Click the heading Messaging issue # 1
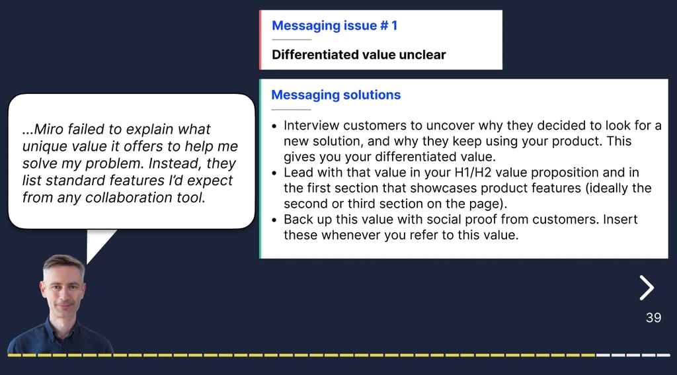click(335, 26)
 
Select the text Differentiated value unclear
click(359, 55)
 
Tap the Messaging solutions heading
click(336, 95)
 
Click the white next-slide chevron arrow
click(647, 288)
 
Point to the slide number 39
click(653, 318)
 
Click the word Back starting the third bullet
click(298, 220)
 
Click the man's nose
click(63, 295)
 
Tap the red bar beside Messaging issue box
click(260, 40)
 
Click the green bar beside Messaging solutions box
click(260, 169)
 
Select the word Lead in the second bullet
click(298, 173)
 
